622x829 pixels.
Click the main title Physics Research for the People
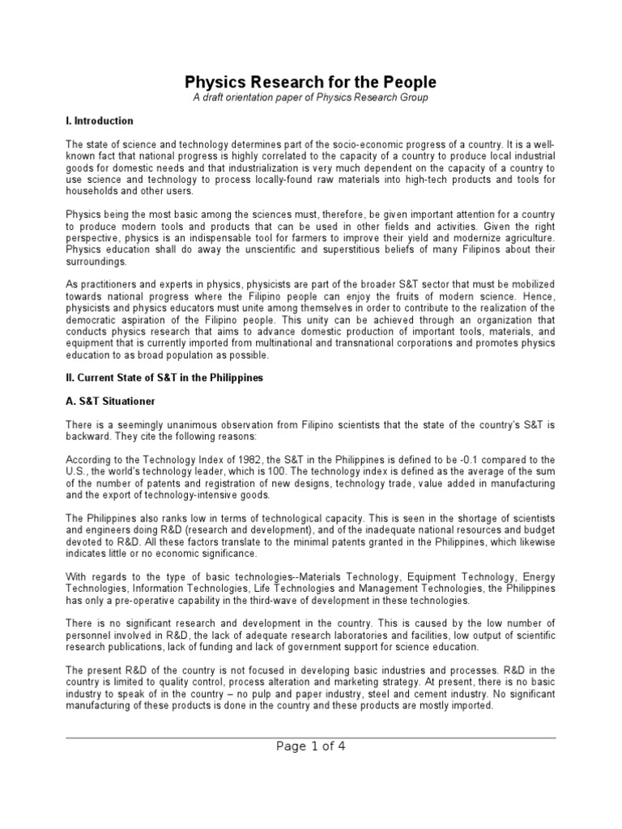coord(311,82)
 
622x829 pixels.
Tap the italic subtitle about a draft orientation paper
coord(311,98)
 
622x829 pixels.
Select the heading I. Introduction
coord(100,121)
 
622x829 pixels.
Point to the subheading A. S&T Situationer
coord(111,402)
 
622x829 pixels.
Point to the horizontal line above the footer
coord(311,738)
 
